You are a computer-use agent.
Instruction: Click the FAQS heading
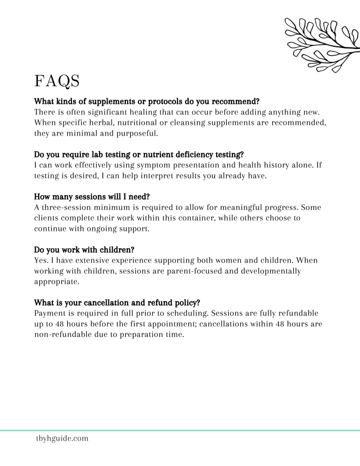[x=57, y=80]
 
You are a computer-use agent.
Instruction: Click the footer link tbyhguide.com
[x=62, y=438]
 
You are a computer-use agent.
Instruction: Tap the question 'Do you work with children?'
[x=84, y=250]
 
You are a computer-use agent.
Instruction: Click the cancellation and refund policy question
[x=117, y=303]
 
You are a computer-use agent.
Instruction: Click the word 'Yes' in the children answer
[x=41, y=261]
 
